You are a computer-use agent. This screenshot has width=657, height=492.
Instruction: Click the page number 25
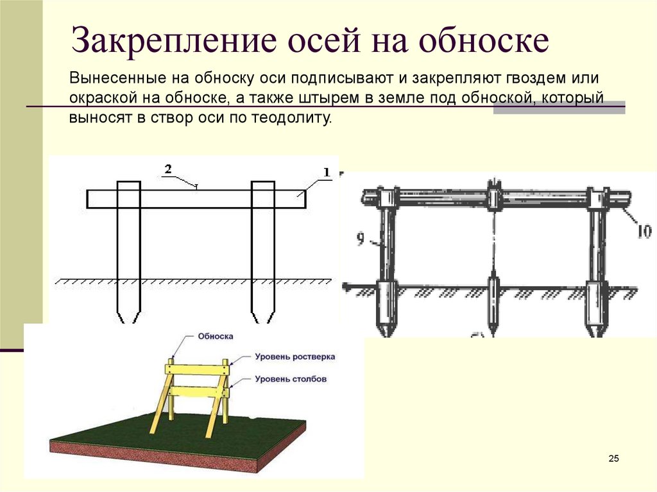coord(613,458)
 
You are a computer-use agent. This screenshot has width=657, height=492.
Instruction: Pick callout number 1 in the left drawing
coord(326,172)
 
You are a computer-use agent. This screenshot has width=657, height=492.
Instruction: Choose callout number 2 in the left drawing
coord(167,169)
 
